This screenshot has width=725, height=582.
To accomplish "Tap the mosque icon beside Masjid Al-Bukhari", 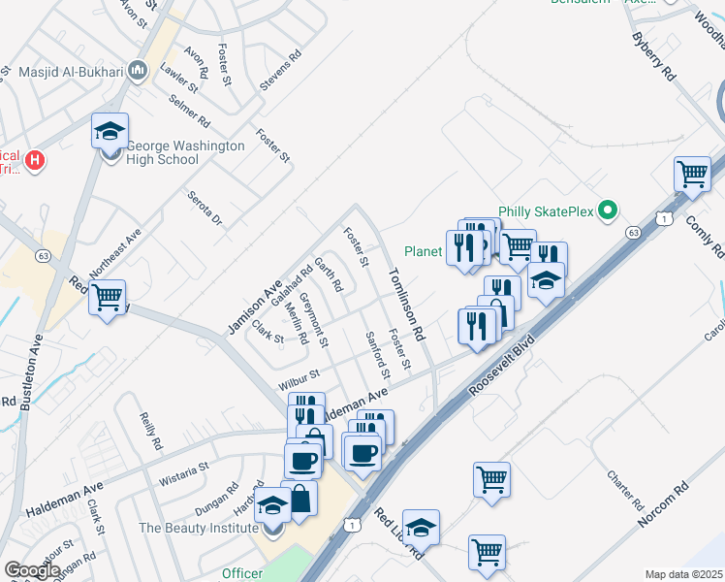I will point(137,71).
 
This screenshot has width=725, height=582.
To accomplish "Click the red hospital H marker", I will point(35,158).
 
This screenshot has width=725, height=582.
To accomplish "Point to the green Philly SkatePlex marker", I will point(608,210).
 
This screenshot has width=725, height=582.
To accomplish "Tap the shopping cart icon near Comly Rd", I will point(693,176).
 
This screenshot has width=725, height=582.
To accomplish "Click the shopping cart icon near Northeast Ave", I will point(108,296).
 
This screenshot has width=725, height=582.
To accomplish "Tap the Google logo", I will point(32,570).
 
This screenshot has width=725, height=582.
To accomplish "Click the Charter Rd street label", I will point(625,491).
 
